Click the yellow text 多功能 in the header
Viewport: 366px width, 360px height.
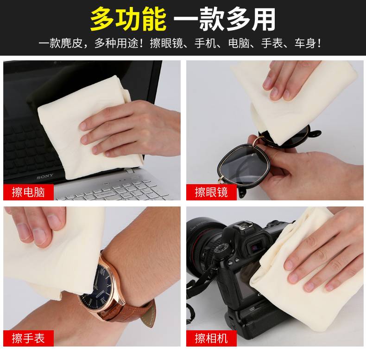coord(128,19)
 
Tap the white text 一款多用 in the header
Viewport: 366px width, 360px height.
coord(225,19)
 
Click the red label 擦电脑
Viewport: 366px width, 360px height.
coord(28,192)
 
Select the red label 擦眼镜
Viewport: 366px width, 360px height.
coord(211,192)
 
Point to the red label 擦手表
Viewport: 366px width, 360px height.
coord(28,338)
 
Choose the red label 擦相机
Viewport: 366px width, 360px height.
coord(211,338)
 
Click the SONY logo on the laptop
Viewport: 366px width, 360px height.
coord(45,176)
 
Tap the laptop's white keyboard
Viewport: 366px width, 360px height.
coord(114,189)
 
